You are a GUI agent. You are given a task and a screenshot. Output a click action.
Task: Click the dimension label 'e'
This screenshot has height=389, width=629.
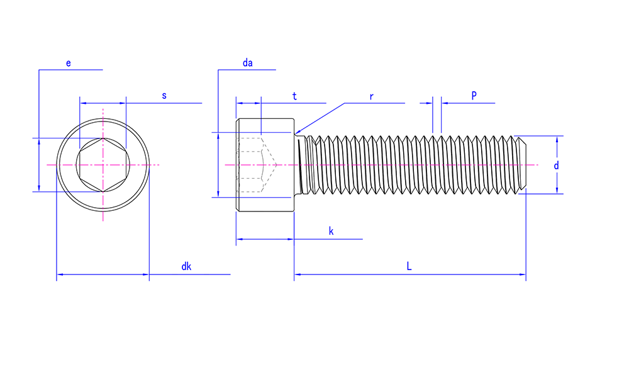pos(68,64)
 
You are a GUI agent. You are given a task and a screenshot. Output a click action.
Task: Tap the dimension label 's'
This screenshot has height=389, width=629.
pos(164,96)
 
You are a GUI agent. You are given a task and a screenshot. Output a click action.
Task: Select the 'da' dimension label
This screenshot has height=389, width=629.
pos(247,62)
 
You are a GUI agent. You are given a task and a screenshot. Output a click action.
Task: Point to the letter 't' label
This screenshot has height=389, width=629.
pos(294,96)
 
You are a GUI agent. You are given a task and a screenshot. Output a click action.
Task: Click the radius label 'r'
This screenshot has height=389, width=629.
pos(372,97)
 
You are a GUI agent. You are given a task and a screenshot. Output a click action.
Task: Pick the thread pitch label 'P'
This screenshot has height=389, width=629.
pos(474,96)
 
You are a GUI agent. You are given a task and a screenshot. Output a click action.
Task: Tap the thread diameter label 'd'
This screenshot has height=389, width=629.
pos(556,166)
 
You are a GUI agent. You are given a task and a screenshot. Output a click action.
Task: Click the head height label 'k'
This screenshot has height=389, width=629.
pos(331,231)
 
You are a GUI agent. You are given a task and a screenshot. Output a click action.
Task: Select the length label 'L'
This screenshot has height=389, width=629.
pos(409,266)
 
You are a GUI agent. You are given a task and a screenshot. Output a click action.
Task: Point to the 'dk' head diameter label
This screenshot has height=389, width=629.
pos(186,266)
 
